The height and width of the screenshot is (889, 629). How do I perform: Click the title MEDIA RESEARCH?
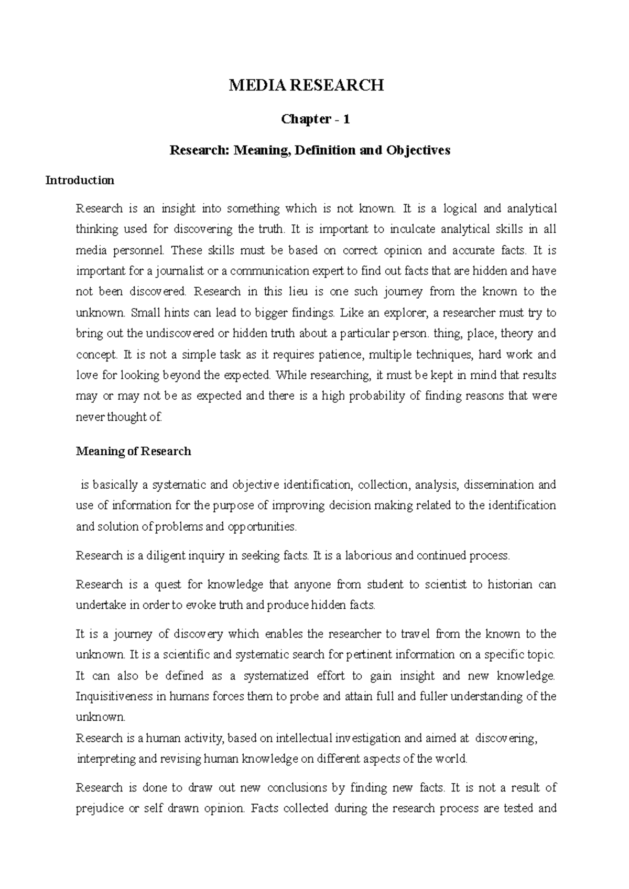tap(306, 85)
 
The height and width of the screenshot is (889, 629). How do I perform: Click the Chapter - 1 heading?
tap(315, 119)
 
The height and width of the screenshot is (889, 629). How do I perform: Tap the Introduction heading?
tap(80, 181)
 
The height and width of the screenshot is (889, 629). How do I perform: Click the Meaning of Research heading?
tap(133, 452)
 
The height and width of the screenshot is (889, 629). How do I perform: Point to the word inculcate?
tap(411, 229)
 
